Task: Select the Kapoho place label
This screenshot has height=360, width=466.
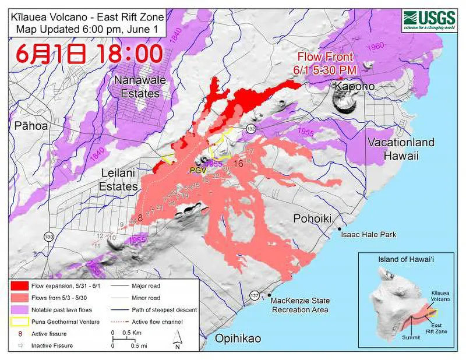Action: click(x=354, y=86)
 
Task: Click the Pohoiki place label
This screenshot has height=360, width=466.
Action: click(x=311, y=218)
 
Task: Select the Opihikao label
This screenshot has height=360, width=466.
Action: click(x=238, y=338)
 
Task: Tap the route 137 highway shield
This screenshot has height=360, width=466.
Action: click(x=254, y=296)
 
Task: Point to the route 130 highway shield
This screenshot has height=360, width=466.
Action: click(x=48, y=237)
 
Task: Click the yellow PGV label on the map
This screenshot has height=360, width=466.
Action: click(x=198, y=170)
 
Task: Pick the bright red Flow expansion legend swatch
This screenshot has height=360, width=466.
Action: click(x=22, y=286)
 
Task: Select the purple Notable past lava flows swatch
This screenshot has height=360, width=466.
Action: click(x=22, y=309)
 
